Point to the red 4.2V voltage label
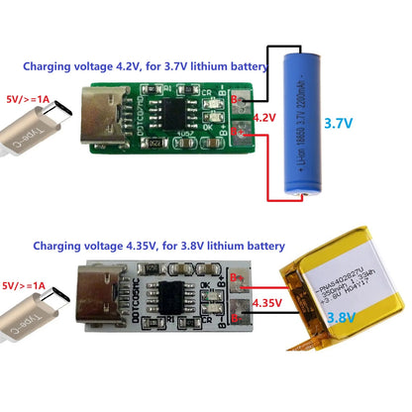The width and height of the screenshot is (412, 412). [264, 118]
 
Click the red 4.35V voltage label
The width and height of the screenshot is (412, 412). [269, 303]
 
